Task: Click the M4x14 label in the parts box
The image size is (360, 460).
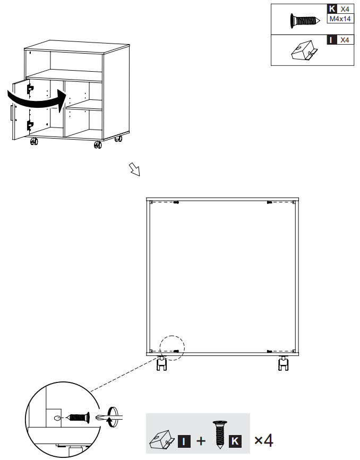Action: [x=340, y=19]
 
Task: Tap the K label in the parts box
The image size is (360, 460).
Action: [x=332, y=9]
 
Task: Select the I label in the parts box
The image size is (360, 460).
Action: [x=332, y=40]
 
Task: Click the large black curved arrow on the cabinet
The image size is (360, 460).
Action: [x=37, y=100]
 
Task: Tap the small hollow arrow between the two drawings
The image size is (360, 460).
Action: [x=134, y=169]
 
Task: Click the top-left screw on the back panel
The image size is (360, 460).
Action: [x=176, y=202]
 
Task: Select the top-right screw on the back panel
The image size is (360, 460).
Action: [x=270, y=202]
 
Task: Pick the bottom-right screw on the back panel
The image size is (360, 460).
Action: [x=270, y=351]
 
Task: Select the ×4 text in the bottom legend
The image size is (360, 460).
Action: [x=264, y=440]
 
